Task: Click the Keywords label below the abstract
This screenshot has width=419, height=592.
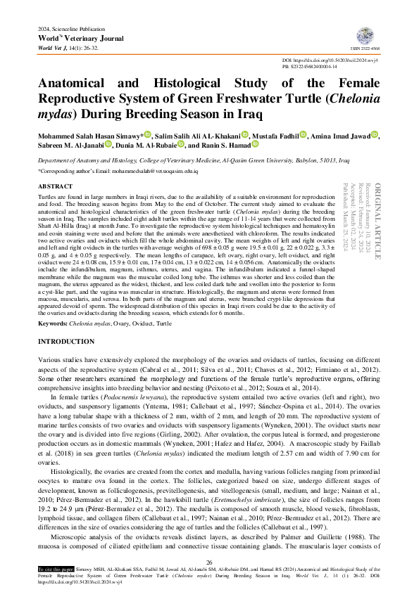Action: [51, 323]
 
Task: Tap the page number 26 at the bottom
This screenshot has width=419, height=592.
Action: [209, 562]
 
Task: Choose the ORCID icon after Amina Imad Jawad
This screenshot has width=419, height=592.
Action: [375, 134]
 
